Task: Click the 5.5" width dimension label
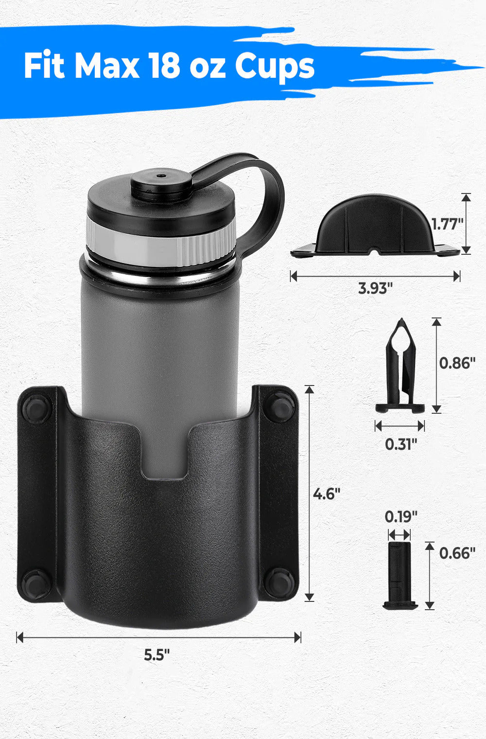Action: (x=156, y=654)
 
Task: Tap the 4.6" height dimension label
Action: (x=326, y=494)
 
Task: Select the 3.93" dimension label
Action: (x=375, y=288)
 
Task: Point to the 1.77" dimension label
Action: (x=447, y=224)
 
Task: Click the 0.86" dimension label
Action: (x=457, y=363)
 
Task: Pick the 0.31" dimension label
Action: (x=400, y=444)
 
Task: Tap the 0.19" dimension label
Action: (x=400, y=516)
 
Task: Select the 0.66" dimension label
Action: (x=457, y=553)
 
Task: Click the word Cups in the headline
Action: (x=275, y=67)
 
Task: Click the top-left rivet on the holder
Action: (x=36, y=409)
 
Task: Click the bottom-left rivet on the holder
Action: (x=36, y=583)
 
